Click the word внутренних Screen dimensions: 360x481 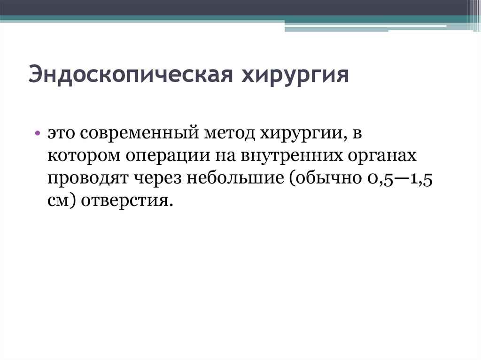click(291, 156)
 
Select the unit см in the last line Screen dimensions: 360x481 click(58, 201)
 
